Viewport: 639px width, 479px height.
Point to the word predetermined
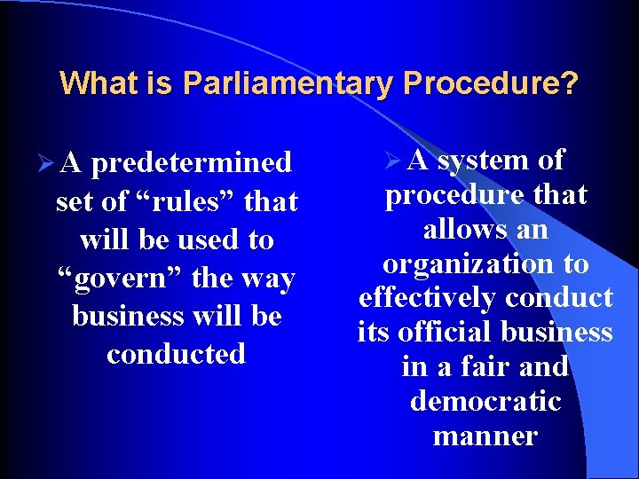(191, 163)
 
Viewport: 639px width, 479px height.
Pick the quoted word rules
(189, 202)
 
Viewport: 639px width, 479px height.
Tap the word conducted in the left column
(176, 354)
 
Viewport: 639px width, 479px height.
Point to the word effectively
(426, 298)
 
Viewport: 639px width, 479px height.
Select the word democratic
(485, 401)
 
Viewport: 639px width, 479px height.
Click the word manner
(485, 436)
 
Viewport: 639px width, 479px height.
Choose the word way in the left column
(270, 279)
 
